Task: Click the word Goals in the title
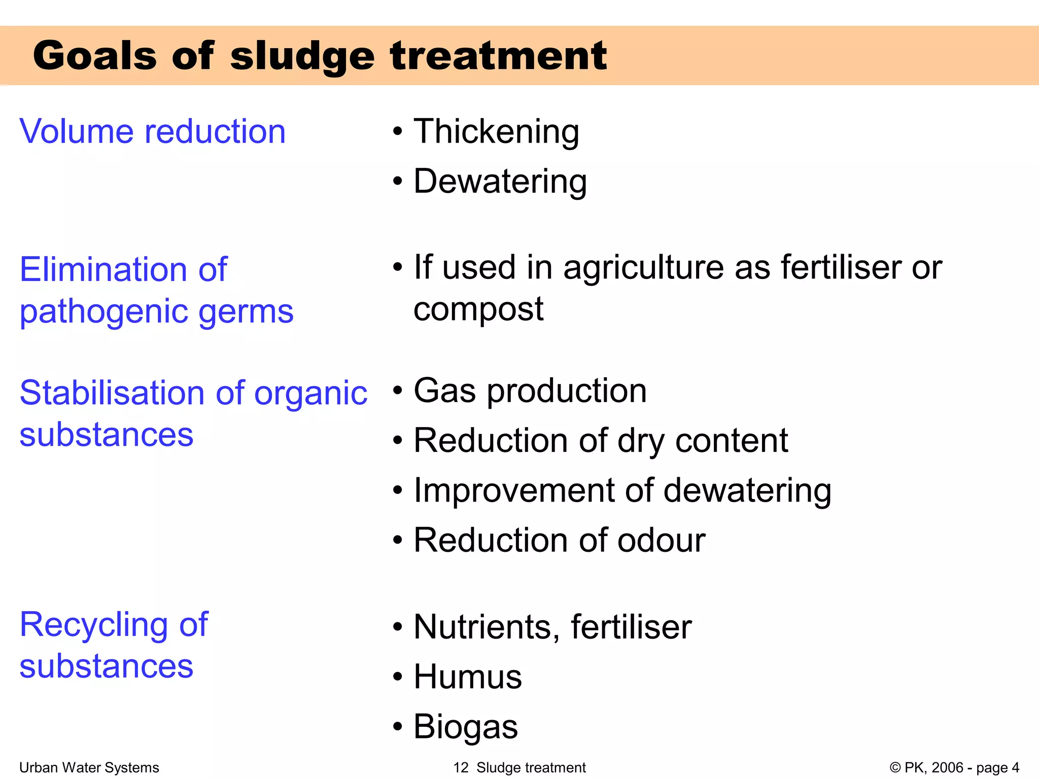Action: coord(95,56)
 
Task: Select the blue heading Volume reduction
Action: coord(152,131)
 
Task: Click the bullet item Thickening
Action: coord(496,131)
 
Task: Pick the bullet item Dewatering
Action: coord(500,181)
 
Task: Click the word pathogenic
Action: coord(103,311)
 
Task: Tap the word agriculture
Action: coord(643,267)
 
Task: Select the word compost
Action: coord(478,309)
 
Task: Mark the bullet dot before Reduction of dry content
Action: coord(398,441)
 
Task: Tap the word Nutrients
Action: coord(487,627)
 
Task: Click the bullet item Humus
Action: coord(467,677)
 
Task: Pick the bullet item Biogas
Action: coord(465,726)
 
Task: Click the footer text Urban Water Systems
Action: coord(89,767)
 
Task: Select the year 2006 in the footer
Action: coord(947,767)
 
